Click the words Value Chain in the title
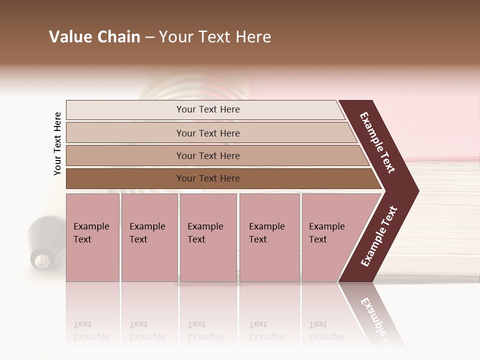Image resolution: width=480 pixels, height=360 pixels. pos(94,37)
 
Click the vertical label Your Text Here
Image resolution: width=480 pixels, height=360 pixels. pos(57,143)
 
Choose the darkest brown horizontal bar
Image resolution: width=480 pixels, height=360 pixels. pos(125,178)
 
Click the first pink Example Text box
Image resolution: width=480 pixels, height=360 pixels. pos(92,237)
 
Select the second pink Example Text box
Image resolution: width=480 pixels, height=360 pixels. pos(149,237)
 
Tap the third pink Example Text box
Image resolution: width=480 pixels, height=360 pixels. pos(208,237)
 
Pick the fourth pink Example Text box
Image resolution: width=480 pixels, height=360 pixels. pos(269,237)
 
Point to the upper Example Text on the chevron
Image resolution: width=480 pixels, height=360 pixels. pos(377,142)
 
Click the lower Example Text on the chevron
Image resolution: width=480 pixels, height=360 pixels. pos(379,236)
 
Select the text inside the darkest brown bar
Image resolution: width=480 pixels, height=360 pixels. pos(208,178)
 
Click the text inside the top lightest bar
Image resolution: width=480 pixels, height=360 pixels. pos(208,109)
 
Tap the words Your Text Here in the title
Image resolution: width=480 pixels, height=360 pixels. pos(215,37)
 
